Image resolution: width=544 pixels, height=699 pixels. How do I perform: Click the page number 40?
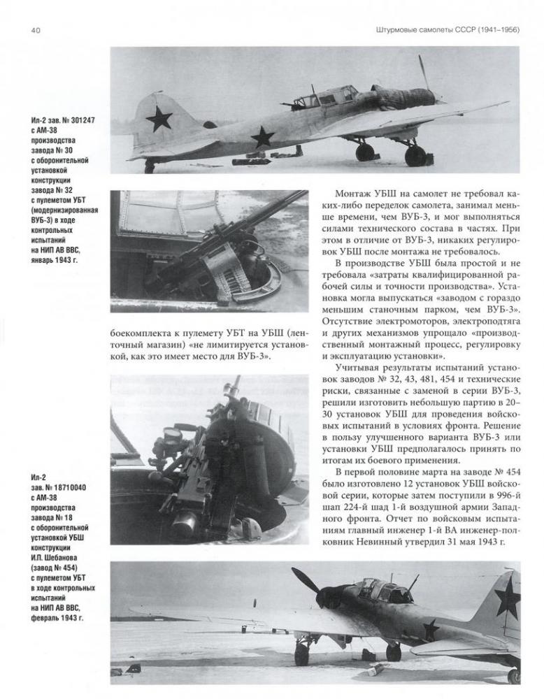35,29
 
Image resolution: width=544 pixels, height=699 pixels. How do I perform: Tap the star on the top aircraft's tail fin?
159,118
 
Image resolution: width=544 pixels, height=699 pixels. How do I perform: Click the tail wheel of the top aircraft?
149,168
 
